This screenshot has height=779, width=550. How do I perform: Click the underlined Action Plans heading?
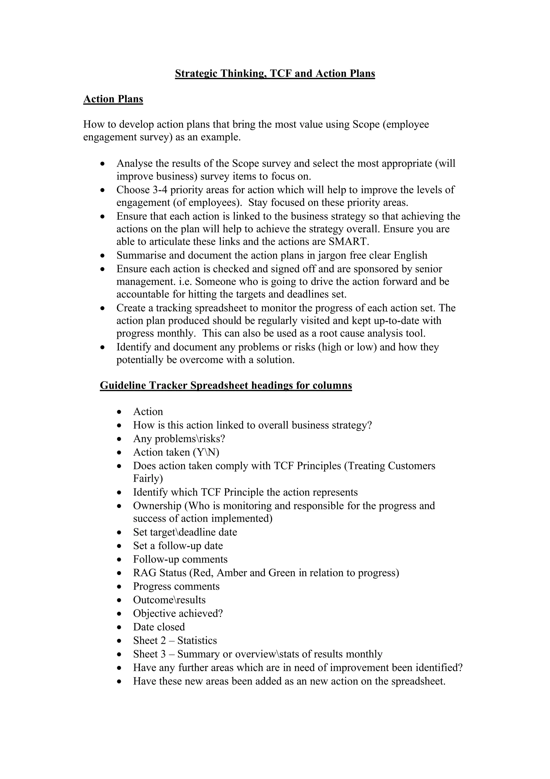click(113, 99)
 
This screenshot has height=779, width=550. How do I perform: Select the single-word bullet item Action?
click(148, 412)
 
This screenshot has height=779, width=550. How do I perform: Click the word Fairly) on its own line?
click(148, 478)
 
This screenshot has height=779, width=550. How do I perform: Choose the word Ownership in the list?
click(157, 506)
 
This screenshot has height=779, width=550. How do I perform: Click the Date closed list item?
click(159, 627)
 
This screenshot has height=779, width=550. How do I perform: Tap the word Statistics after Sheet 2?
click(197, 640)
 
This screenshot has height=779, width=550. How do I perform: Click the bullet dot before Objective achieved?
click(119, 614)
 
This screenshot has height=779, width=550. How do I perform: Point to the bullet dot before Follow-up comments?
click(119, 559)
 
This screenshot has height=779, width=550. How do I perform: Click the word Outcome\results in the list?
click(169, 600)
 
